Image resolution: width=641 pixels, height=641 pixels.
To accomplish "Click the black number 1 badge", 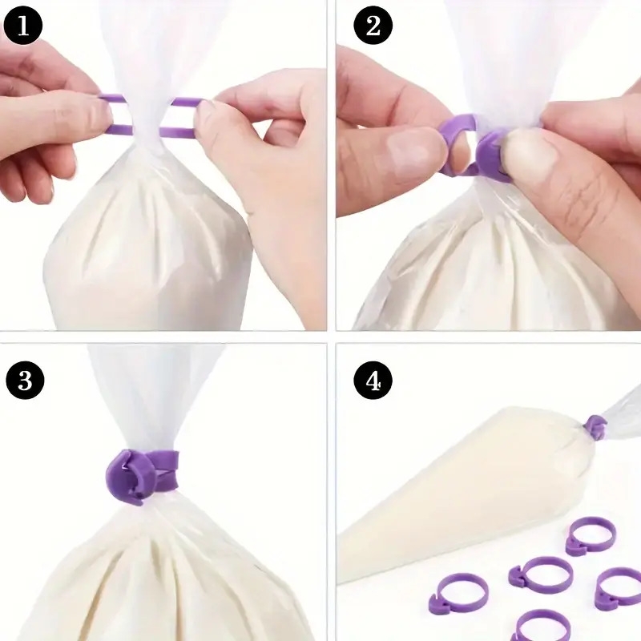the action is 23,26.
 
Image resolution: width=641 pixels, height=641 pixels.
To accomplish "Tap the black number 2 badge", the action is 373,26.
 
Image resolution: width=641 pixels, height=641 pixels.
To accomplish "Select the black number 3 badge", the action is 25,380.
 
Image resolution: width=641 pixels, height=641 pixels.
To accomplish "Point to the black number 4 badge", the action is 373,380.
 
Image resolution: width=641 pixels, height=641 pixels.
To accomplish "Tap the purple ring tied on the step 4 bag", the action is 595,427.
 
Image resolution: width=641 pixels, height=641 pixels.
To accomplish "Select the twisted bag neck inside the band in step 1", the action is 146,119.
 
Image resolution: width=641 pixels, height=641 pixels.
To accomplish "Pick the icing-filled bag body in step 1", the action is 147,245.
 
